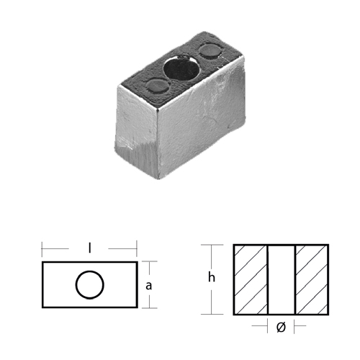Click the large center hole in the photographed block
coord(181,68)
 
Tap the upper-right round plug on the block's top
coord(210,51)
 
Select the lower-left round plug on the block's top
coord(158,86)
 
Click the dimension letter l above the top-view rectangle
coord(89,248)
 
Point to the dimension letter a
coord(149,286)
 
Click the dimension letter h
coord(212,277)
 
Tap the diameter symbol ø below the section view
coord(281,327)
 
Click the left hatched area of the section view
coord(251,279)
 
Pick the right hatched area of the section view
coord(312,279)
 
